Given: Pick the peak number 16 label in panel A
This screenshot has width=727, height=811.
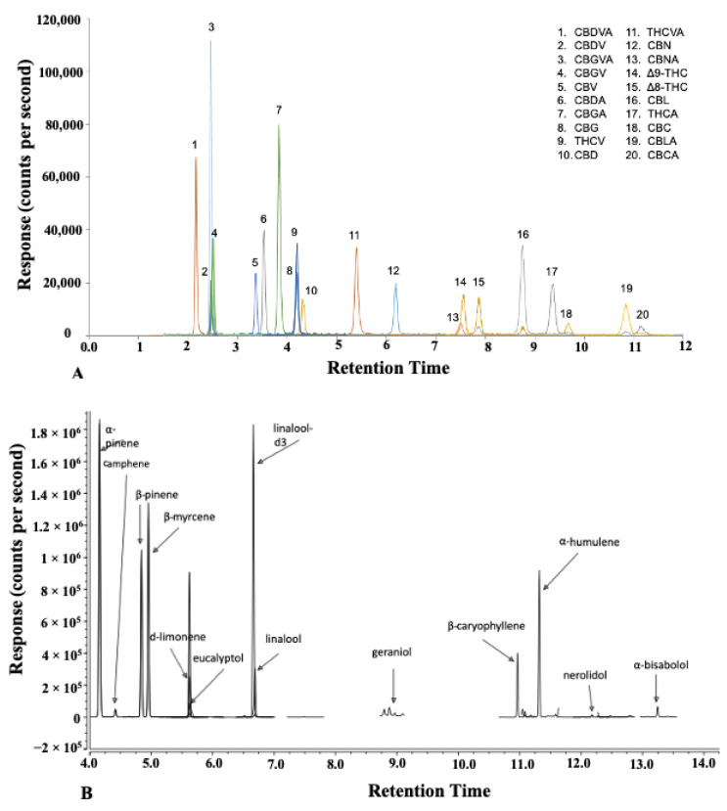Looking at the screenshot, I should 523,235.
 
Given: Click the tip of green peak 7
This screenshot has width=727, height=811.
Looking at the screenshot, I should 279,125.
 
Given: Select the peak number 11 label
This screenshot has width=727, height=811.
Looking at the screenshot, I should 354,236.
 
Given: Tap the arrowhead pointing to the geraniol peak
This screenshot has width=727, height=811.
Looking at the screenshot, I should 394,700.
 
